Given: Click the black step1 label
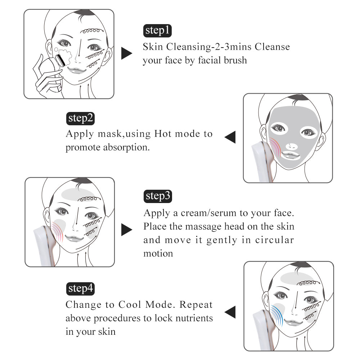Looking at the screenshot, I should (x=157, y=31).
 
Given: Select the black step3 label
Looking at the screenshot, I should (x=158, y=196).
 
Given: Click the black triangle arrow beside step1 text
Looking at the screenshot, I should (x=126, y=53).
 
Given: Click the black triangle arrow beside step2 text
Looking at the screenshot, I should (x=230, y=137).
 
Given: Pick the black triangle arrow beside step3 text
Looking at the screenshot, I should (x=126, y=229).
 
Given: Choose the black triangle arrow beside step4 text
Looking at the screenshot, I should (x=230, y=312).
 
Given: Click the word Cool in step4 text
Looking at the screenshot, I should (x=131, y=305).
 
